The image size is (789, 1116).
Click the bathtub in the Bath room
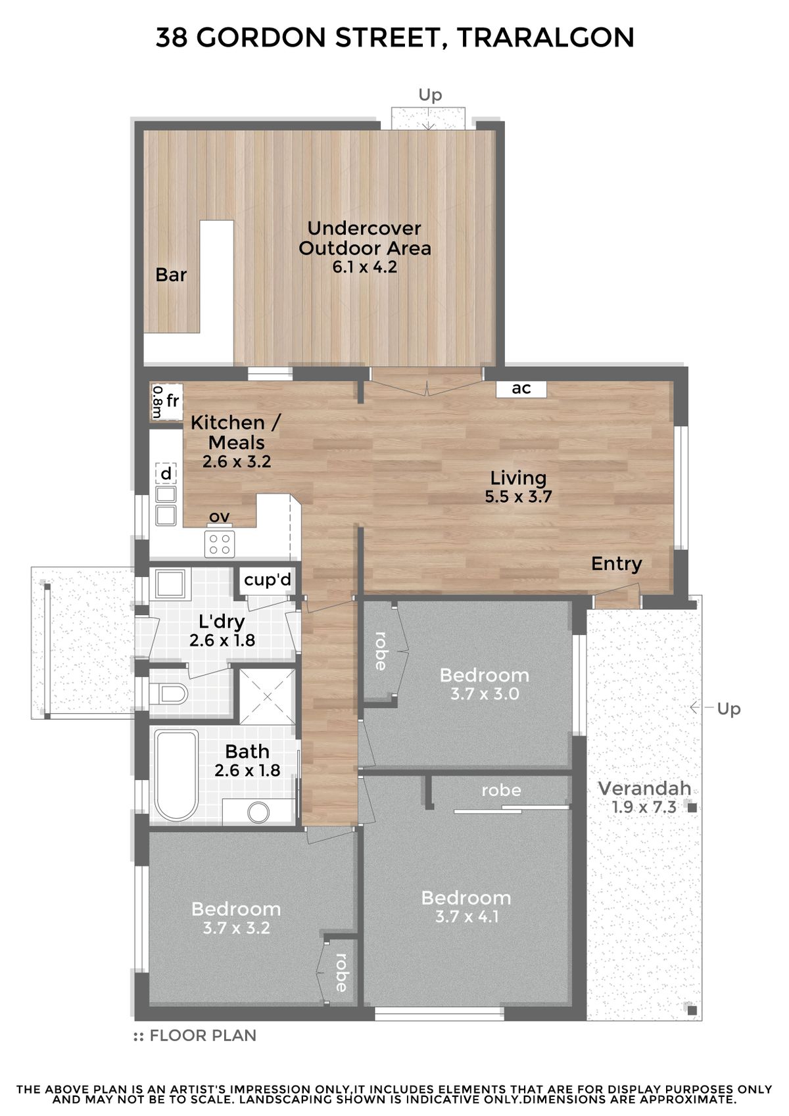[176, 776]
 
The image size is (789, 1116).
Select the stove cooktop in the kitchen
[220, 544]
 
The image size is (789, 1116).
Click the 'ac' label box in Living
[521, 388]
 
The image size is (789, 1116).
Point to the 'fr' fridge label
[172, 400]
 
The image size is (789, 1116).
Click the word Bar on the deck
[170, 275]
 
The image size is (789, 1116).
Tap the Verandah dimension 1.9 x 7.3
[644, 806]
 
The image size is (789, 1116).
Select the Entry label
[617, 564]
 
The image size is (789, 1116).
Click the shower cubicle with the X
[267, 696]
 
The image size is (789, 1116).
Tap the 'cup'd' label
[267, 580]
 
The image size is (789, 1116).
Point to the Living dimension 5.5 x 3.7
[518, 496]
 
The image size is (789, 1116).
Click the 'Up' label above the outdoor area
[429, 95]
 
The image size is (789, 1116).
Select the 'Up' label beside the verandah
[729, 709]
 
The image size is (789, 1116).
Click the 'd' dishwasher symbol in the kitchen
[166, 474]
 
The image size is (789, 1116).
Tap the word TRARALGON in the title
[545, 38]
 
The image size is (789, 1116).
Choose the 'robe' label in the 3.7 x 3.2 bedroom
[342, 972]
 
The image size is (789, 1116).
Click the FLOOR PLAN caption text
[203, 1036]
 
